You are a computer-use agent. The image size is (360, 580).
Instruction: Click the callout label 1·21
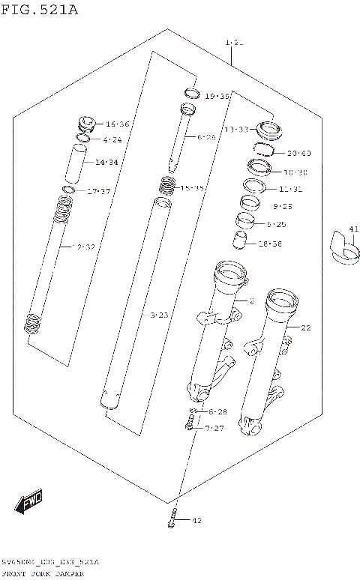[234, 43]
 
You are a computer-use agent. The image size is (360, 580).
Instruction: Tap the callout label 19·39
[217, 97]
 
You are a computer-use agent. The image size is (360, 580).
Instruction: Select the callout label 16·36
[117, 124]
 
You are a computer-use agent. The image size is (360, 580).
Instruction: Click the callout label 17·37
[98, 192]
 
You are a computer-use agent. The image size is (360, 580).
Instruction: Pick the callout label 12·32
[82, 247]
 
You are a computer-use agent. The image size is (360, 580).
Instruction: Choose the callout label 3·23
[159, 315]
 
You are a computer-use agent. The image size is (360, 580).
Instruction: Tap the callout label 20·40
[298, 154]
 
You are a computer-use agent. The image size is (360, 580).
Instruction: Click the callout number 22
[305, 327]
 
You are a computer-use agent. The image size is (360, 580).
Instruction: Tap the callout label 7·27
[215, 428]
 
